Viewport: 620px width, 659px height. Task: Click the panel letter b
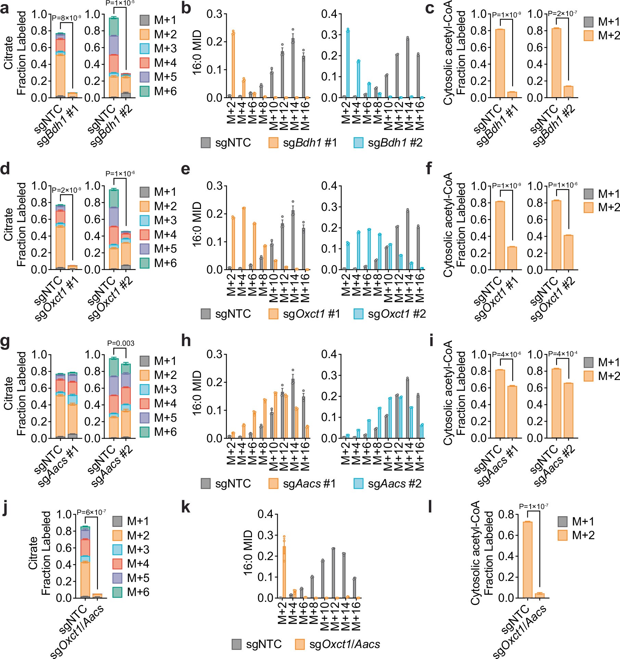(186, 9)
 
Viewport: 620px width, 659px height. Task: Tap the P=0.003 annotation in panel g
(121, 343)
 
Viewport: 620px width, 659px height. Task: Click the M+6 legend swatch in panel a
(145, 91)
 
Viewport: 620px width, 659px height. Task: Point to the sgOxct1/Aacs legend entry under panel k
(337, 644)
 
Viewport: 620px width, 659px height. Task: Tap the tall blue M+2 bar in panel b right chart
(348, 64)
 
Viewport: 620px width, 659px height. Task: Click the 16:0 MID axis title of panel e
(198, 224)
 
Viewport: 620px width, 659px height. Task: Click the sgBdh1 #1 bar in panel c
(512, 94)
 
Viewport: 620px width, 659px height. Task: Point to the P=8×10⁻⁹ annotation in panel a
(66, 18)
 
